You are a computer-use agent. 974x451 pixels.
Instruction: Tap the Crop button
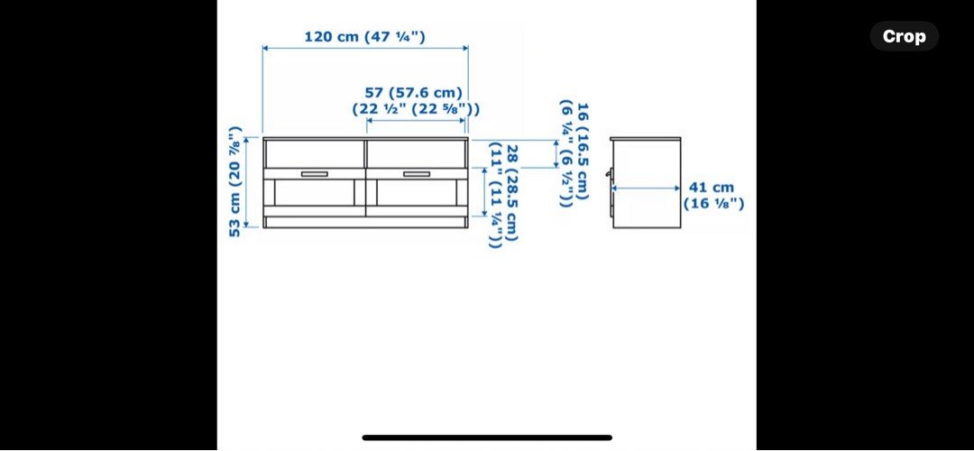[x=904, y=36]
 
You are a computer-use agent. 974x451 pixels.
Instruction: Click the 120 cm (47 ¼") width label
[x=364, y=37]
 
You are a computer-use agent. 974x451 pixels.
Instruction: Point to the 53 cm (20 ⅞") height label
[x=235, y=181]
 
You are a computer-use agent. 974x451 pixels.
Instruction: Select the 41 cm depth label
[x=712, y=187]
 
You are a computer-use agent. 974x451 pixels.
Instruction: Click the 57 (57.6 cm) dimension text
[x=413, y=93]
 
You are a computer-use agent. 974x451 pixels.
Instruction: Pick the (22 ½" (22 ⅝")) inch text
[x=416, y=109]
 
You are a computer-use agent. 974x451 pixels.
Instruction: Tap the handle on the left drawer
[x=315, y=174]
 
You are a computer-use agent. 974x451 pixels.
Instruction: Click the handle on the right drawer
[x=417, y=174]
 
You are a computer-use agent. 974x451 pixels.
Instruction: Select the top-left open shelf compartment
[x=315, y=153]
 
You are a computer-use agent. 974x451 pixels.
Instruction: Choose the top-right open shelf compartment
[x=416, y=153]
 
